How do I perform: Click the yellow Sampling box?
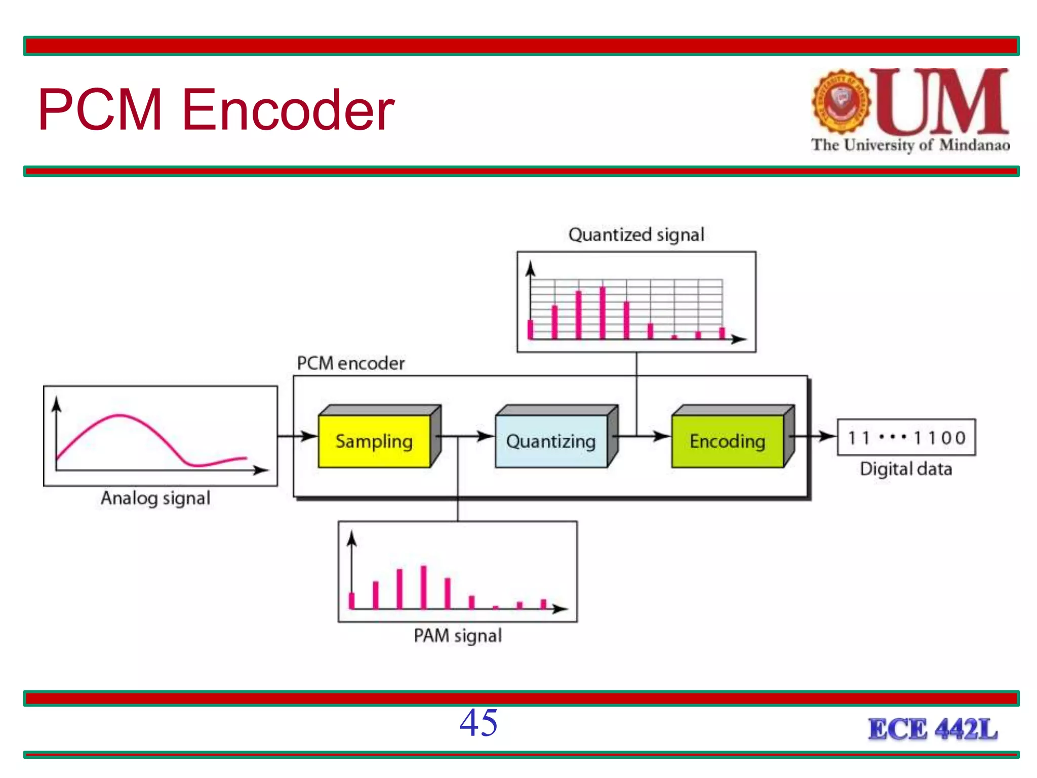click(374, 441)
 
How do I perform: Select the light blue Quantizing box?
click(551, 441)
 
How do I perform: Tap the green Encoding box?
click(727, 441)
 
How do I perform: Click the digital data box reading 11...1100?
click(906, 437)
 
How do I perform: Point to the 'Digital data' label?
click(906, 469)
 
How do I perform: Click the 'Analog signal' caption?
click(155, 498)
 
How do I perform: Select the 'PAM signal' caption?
click(458, 635)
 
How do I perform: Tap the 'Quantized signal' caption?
click(636, 235)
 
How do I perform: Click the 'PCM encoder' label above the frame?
click(351, 363)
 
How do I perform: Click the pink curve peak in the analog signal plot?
click(119, 416)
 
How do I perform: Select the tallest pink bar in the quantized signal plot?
click(603, 312)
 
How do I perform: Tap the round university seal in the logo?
click(841, 101)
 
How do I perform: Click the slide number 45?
click(478, 722)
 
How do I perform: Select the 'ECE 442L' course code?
click(933, 729)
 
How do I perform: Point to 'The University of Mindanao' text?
click(910, 145)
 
